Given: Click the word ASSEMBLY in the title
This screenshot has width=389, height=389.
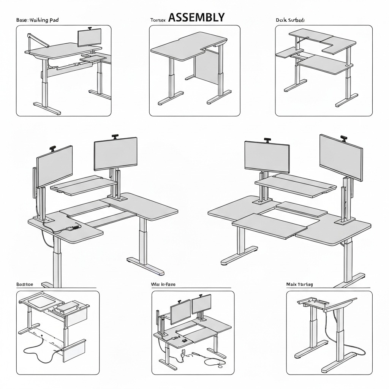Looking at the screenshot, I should tap(196, 17).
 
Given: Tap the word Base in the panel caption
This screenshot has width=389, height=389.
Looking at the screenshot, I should tap(21, 20).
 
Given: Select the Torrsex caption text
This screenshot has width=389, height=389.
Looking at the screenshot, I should tap(158, 20).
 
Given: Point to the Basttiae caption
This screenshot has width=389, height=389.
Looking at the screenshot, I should tap(25, 284).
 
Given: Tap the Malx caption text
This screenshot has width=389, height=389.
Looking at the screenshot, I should tap(291, 284).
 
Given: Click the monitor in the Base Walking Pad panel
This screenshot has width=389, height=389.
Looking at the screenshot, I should tap(90, 38).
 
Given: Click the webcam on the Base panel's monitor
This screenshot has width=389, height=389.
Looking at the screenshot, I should tap(90, 28).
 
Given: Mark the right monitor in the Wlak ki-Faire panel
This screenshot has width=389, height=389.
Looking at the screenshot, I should tap(201, 305).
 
